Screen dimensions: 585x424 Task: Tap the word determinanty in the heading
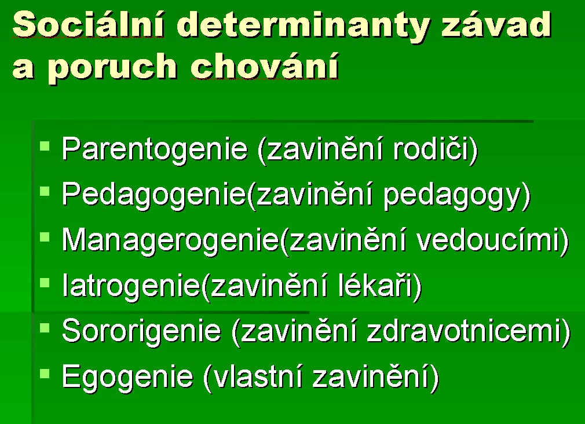[x=304, y=26]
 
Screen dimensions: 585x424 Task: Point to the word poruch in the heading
[x=112, y=67]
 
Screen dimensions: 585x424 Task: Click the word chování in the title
[x=265, y=65]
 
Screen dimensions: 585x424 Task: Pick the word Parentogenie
[x=155, y=150]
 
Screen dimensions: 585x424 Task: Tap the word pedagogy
[x=452, y=195]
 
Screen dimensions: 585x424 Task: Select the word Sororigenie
[x=141, y=331]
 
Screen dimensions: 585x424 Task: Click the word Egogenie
[x=127, y=377]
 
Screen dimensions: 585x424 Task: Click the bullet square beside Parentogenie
[x=45, y=145]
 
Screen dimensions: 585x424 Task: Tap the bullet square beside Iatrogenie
[x=45, y=282]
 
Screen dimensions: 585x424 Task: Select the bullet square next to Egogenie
[x=45, y=373]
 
